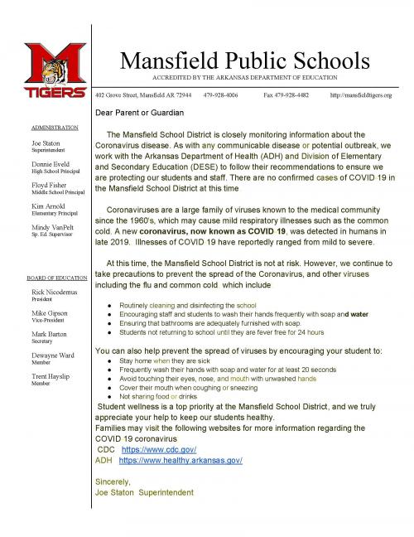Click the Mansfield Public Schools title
coord(244,60)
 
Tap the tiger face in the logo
coord(55,70)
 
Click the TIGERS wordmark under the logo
coord(55,90)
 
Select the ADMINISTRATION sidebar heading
coord(55,128)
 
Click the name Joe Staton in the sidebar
coord(46,143)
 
